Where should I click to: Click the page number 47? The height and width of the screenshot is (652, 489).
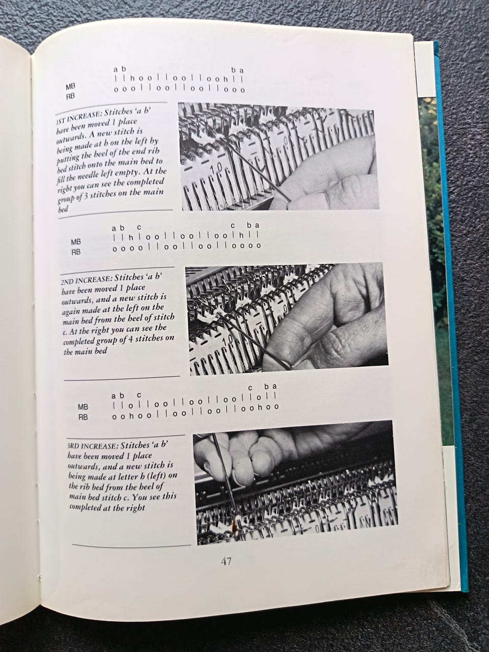tap(226, 561)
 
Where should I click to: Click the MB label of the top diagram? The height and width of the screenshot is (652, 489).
tap(70, 87)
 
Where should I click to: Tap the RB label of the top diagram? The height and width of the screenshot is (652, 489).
tap(70, 97)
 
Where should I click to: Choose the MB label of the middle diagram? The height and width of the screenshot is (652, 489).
tap(76, 242)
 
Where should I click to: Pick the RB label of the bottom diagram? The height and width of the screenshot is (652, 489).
tap(83, 417)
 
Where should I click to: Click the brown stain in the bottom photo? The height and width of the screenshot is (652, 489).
tap(236, 525)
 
